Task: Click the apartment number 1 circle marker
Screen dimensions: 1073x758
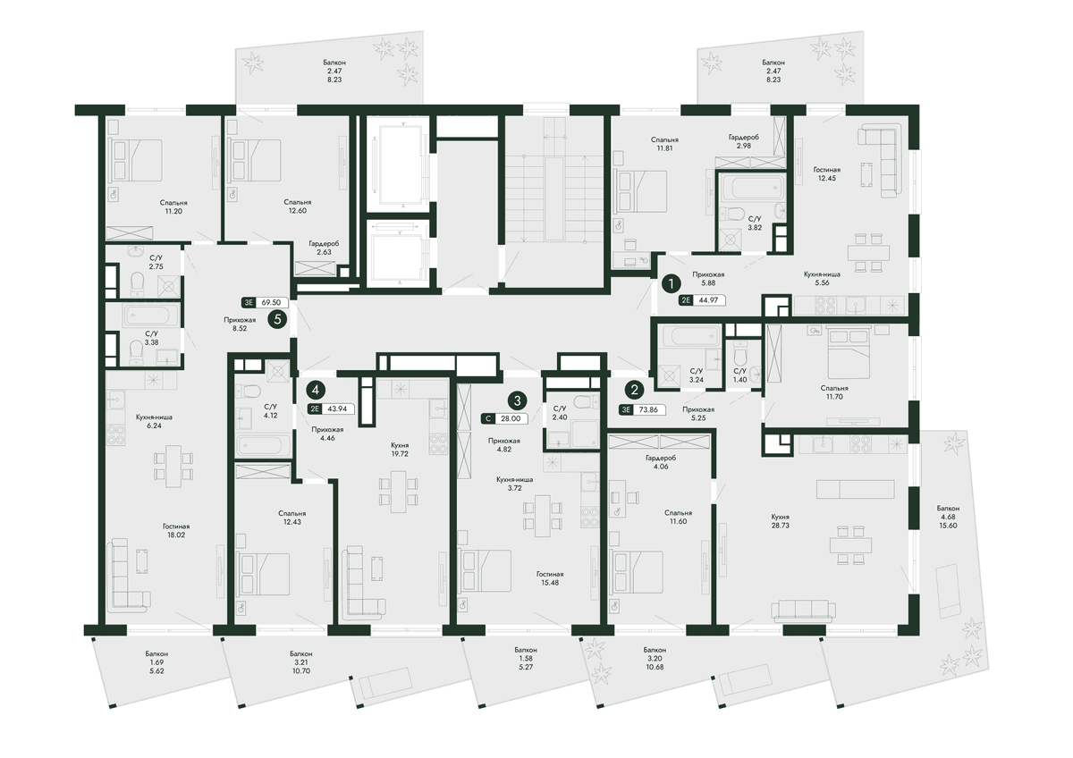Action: point(671,284)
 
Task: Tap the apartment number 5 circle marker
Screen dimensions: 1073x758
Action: point(277,319)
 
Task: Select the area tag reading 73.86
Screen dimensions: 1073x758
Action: point(642,409)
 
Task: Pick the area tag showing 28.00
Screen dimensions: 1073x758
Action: point(504,418)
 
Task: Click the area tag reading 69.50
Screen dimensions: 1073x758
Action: point(265,303)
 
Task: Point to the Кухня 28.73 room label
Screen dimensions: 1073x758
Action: point(781,521)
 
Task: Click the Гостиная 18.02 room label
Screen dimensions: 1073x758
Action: point(176,531)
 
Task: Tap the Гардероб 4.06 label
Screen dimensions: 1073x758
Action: point(661,462)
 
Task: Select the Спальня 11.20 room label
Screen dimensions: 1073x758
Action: point(173,206)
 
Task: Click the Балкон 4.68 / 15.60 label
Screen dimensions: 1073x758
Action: point(948,517)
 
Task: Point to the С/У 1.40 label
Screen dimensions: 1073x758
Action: point(739,375)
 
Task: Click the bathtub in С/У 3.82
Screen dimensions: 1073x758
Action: point(750,189)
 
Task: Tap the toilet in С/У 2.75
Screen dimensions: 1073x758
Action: point(137,282)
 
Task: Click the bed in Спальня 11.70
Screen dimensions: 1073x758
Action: point(849,354)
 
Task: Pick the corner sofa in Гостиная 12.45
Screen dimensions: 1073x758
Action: point(880,160)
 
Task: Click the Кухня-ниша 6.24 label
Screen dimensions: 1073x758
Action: point(154,421)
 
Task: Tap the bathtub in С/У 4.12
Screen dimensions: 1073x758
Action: point(263,445)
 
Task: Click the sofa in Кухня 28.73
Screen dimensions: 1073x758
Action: point(803,611)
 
